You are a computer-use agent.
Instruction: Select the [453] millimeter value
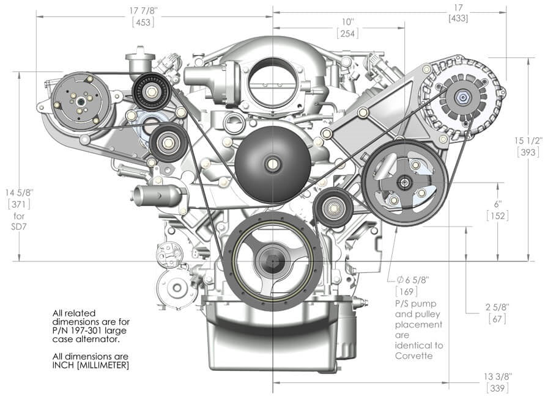coord(143,22)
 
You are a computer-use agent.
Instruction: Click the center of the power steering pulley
coord(403,181)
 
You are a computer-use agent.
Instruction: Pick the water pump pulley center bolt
coord(270,163)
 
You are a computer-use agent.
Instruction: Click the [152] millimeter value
coord(498,216)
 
